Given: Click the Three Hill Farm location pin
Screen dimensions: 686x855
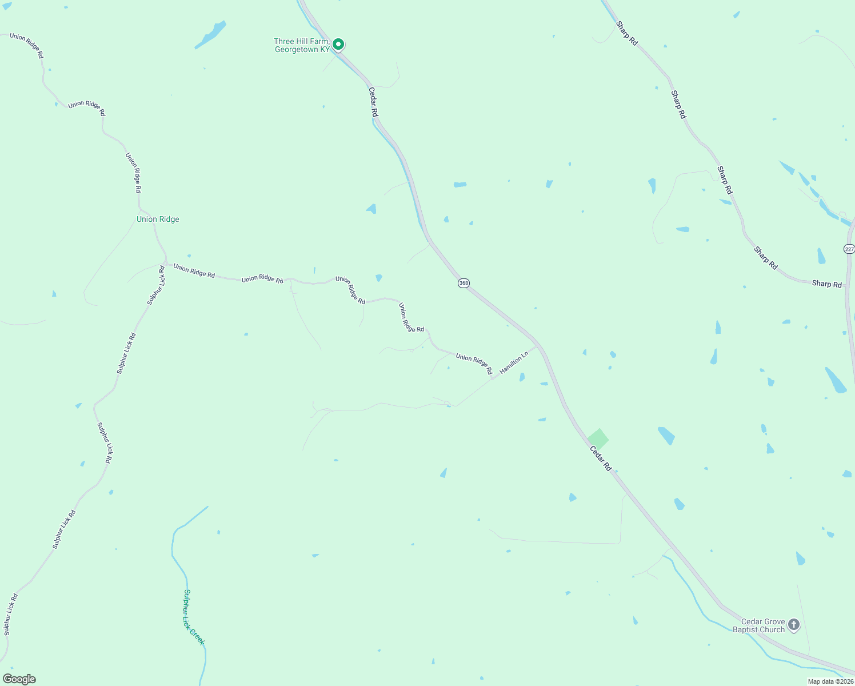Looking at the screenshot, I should tap(338, 44).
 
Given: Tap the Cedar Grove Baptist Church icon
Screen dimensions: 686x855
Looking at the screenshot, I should tap(794, 625).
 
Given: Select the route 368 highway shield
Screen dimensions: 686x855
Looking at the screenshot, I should tap(464, 283).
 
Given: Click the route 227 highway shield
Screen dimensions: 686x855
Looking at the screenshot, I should tap(849, 249).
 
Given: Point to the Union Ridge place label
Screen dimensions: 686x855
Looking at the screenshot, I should tap(158, 219).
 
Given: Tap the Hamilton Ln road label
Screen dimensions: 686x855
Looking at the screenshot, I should tap(514, 363).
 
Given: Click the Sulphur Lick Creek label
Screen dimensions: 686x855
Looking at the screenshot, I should tap(194, 617).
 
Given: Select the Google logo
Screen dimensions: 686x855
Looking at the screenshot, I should tap(19, 679).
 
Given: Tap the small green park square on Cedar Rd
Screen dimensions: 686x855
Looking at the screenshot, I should tap(598, 439).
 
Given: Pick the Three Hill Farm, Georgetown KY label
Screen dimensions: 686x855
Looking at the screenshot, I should tap(302, 46).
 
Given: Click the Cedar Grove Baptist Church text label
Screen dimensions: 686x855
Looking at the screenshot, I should tap(759, 625).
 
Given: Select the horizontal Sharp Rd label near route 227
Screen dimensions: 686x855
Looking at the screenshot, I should tap(826, 284).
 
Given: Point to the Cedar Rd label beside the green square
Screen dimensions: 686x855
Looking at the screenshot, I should tap(601, 459).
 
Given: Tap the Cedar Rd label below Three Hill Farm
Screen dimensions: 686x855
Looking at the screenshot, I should tap(373, 102).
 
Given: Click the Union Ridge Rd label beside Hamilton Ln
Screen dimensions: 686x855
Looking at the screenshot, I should tap(474, 364).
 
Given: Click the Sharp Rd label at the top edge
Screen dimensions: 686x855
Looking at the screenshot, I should tap(627, 33).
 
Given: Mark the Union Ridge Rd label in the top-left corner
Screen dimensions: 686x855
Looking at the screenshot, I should tap(26, 46).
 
